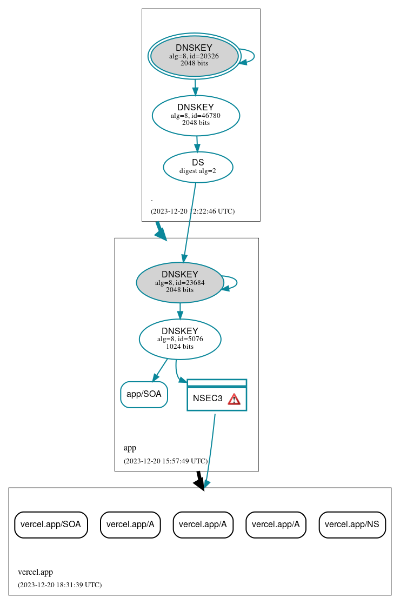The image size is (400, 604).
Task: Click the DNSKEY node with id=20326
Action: [x=194, y=56]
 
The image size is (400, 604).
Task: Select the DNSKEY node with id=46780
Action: [x=196, y=115]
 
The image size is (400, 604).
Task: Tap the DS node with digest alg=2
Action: [x=198, y=167]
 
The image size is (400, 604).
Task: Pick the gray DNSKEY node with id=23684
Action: [x=179, y=282]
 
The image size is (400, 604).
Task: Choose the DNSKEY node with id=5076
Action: [x=180, y=339]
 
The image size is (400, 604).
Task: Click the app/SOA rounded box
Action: [x=144, y=394]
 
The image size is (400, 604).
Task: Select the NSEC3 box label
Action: [x=208, y=399]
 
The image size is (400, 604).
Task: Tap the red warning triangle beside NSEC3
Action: [x=234, y=399]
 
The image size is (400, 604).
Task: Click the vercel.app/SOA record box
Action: [x=51, y=525]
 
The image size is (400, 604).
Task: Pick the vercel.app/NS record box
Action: [x=352, y=525]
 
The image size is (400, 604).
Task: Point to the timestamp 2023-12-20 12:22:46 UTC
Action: [x=192, y=211]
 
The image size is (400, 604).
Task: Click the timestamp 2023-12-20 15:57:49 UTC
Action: [x=165, y=461]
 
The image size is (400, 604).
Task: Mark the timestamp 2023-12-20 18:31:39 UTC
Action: [x=59, y=585]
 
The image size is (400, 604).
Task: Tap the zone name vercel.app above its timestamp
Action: [x=36, y=572]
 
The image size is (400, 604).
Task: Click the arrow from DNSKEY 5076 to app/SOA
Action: [x=160, y=370]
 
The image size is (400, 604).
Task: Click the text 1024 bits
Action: [x=179, y=347]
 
